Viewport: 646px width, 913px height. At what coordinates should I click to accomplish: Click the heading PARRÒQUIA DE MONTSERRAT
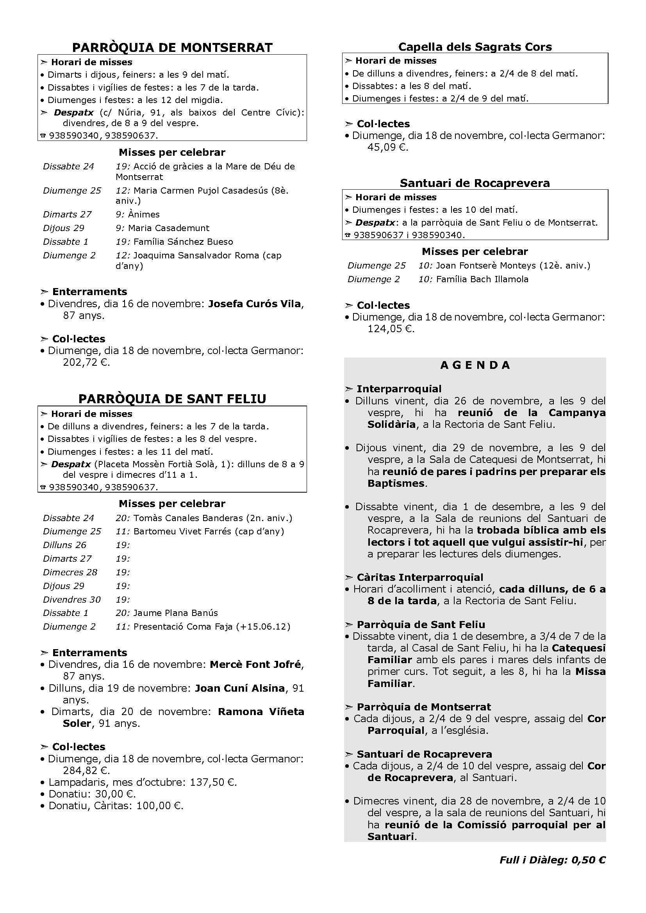coord(172,47)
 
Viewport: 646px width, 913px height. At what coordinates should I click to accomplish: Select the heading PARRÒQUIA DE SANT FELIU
coord(172,399)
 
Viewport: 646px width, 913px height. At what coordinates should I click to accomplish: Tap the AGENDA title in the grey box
coord(475,365)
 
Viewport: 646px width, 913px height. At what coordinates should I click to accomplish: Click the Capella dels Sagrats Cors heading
coord(475,47)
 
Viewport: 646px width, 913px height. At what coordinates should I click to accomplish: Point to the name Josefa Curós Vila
coord(255,304)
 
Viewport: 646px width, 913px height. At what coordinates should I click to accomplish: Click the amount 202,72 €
coord(86,362)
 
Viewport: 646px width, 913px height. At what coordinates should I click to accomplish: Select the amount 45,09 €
coord(388,147)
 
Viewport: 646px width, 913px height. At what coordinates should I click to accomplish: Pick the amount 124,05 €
coord(391,328)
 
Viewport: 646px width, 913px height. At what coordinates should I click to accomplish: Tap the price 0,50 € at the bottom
coord(588,860)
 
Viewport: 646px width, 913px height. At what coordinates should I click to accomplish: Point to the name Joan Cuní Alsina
coord(240,688)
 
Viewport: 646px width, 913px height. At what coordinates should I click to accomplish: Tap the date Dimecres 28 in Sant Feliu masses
coord(70,572)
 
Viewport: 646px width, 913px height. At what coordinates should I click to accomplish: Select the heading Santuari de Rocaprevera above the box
coord(475,183)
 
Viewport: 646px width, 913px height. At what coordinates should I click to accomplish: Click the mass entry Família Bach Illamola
coord(482,279)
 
